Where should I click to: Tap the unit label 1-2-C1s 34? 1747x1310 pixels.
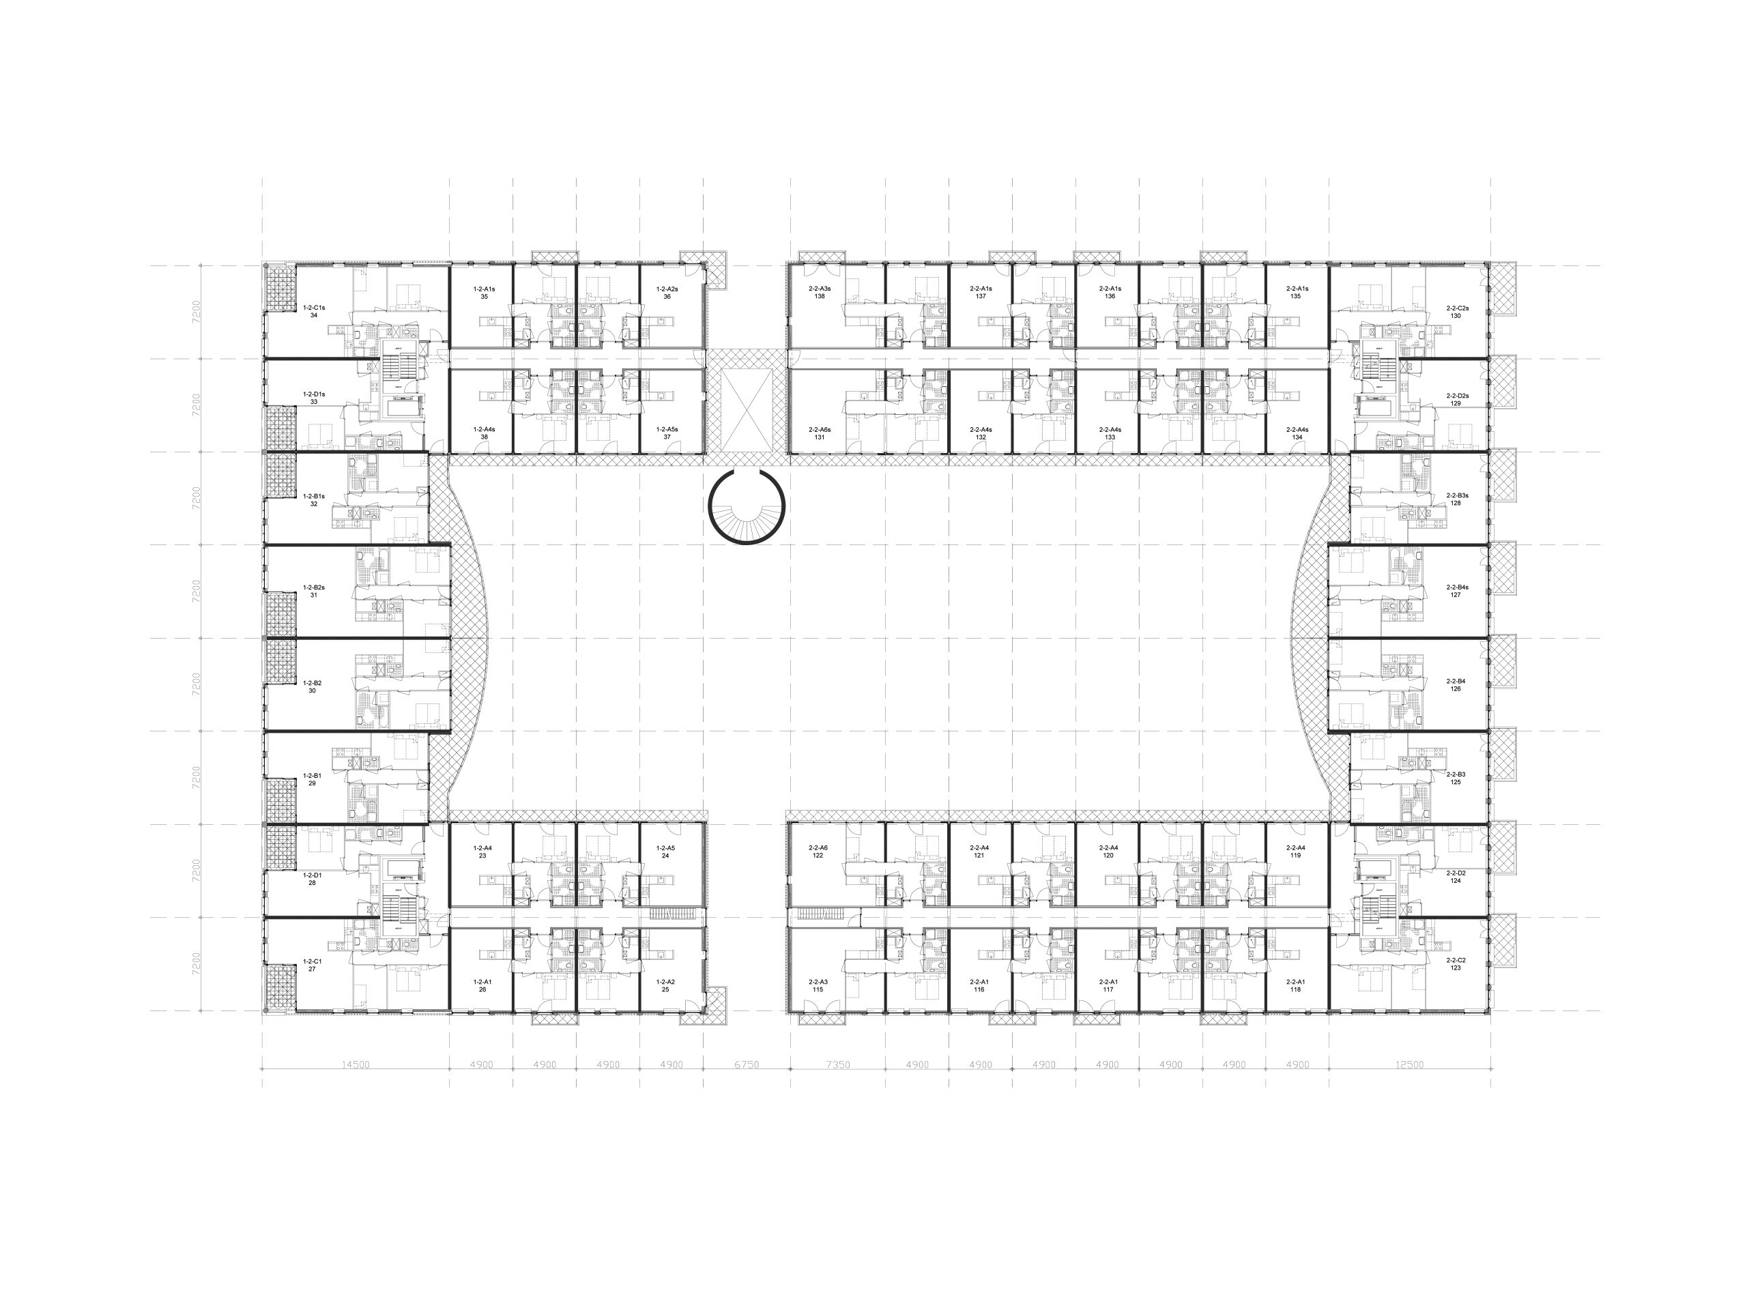pyautogui.click(x=313, y=311)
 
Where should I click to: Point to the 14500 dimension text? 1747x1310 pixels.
pyautogui.click(x=356, y=1065)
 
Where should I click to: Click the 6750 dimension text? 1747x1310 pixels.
pyautogui.click(x=747, y=1065)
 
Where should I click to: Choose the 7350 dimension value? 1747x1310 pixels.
pyautogui.click(x=838, y=1065)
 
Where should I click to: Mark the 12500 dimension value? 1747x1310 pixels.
pyautogui.click(x=1410, y=1065)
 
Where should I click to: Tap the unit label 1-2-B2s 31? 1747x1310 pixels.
pyautogui.click(x=313, y=592)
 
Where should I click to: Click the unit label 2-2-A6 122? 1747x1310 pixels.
pyautogui.click(x=818, y=852)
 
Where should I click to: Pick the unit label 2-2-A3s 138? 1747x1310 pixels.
pyautogui.click(x=820, y=293)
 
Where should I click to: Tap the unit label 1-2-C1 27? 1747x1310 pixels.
pyautogui.click(x=313, y=965)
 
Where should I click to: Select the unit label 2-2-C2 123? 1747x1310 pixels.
pyautogui.click(x=1456, y=964)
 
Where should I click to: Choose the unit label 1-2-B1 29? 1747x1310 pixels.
pyautogui.click(x=313, y=779)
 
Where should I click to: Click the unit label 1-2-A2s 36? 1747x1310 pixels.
pyautogui.click(x=667, y=293)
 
